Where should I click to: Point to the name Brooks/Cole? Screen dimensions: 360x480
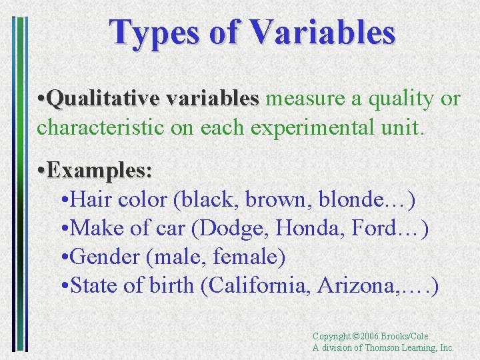click(x=406, y=337)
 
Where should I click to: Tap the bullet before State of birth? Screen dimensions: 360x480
click(x=63, y=286)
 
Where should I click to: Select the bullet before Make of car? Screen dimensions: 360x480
click(x=63, y=229)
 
